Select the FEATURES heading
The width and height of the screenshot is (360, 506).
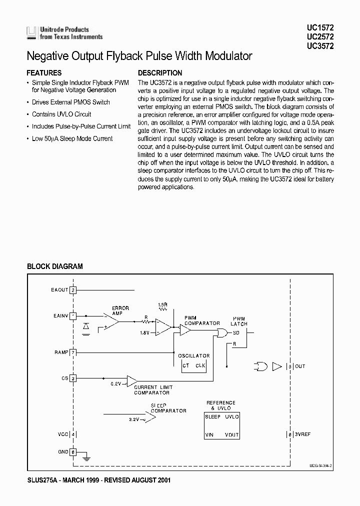(44, 73)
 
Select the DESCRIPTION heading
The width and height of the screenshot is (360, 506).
(160, 73)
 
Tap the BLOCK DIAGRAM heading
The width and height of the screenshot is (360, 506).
(54, 266)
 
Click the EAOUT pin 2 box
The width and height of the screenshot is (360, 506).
(73, 290)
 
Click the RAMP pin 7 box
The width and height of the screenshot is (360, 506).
(73, 352)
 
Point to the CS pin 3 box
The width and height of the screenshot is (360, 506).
(73, 378)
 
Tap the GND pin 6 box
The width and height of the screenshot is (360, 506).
(73, 451)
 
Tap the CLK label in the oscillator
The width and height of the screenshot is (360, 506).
(200, 365)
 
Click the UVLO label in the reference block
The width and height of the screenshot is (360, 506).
(231, 416)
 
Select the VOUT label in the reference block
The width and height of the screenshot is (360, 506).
(231, 435)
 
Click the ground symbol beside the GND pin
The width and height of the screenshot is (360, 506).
(86, 456)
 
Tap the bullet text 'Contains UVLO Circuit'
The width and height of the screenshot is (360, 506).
(61, 114)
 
